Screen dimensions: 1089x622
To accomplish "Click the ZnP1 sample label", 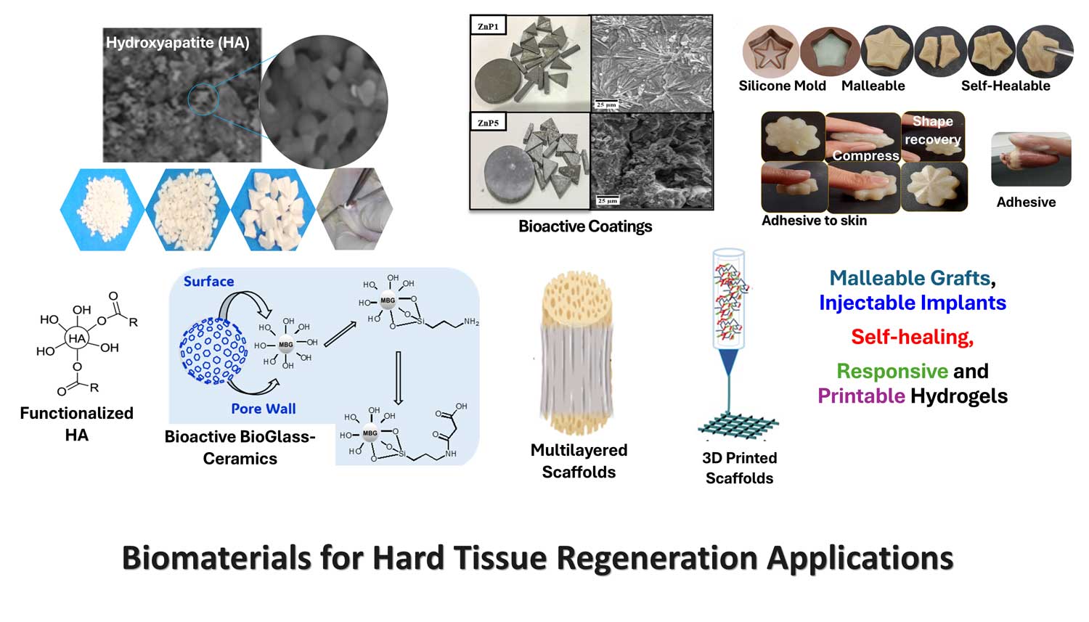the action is pos(488,26).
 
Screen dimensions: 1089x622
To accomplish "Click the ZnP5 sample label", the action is pos(488,123).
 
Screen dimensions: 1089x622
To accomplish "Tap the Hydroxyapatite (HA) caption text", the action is pos(177,43).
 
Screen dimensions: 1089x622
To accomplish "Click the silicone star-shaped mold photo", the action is pos(770,51).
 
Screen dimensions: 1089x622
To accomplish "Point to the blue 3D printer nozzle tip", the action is pos(728,373).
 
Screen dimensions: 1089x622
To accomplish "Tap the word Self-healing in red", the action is pos(912,337).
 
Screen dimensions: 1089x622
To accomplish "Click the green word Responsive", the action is pos(892,372).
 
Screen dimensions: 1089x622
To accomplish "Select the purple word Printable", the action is pos(861,396).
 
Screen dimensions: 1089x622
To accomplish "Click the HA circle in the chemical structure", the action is pos(77,339).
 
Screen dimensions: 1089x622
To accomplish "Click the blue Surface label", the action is pos(208,282).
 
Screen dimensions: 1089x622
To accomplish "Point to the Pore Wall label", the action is pos(263,409).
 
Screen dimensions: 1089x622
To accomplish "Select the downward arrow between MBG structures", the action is pos(398,378).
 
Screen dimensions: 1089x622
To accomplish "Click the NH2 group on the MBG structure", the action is pos(471,322).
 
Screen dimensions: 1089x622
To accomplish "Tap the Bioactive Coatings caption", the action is pos(585,226).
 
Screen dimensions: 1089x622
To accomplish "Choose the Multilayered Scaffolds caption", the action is pos(579,461).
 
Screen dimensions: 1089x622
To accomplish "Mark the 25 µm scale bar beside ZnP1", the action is pos(606,105).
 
